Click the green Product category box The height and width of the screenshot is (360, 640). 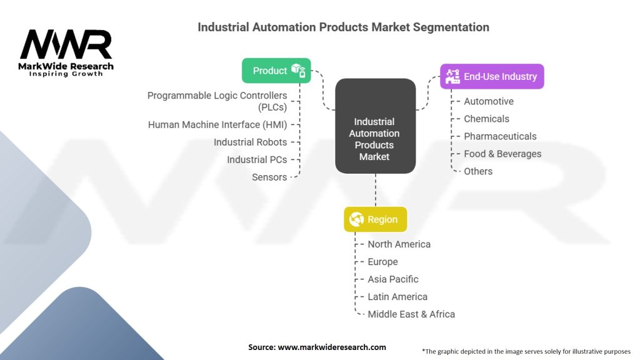pos(276,71)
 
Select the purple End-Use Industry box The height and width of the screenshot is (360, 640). pos(492,76)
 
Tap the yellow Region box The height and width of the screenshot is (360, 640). pos(376,219)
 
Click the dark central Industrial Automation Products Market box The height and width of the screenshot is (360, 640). pos(376,126)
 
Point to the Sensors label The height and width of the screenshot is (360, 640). pos(269,177)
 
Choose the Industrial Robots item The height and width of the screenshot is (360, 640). pos(250,142)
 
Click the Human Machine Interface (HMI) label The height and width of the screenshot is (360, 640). pos(217,124)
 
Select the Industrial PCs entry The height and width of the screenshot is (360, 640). pos(257,159)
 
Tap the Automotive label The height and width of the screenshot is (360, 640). pos(489,101)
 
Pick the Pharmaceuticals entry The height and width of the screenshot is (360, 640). pos(500,136)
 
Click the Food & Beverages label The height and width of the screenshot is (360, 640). pos(502,154)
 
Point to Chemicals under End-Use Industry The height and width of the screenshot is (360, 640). pos(486,119)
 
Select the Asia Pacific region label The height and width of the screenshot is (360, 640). pos(393,279)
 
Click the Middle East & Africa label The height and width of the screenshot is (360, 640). pos(411,314)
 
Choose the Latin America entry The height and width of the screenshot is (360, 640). pos(397,297)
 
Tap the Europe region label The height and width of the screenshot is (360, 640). pos(382,262)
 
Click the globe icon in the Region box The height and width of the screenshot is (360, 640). pos(356,219)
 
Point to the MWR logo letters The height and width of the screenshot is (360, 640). pos(66,44)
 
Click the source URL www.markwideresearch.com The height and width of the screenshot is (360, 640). pos(332,347)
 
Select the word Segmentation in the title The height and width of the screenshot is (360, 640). pos(451,27)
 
